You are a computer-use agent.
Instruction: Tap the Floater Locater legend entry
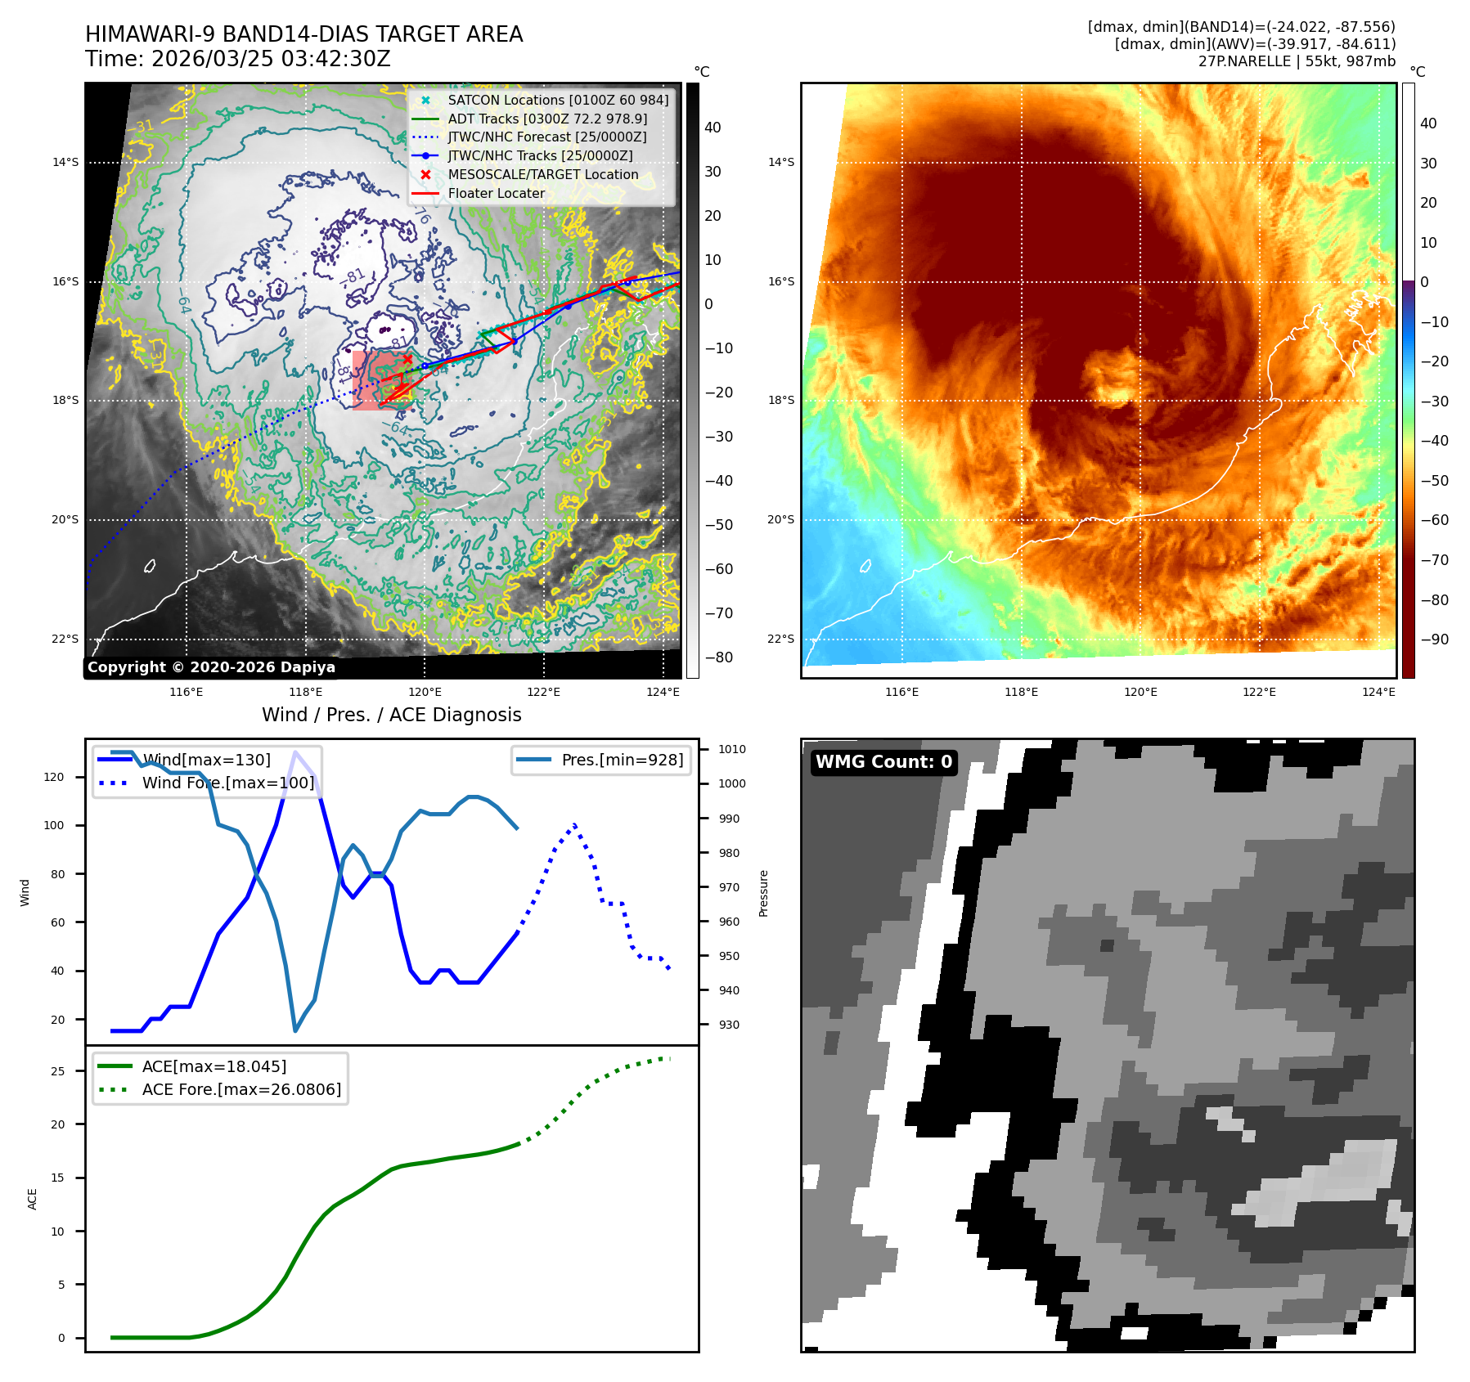point(496,193)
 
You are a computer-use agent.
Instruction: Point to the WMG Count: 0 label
point(883,761)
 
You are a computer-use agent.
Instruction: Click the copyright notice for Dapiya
point(211,667)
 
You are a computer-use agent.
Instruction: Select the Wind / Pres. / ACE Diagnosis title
point(391,715)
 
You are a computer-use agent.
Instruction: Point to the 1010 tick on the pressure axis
point(732,749)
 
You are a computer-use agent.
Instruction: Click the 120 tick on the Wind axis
point(54,777)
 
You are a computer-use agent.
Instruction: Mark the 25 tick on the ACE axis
point(57,1070)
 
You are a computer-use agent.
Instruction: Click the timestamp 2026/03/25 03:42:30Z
point(271,59)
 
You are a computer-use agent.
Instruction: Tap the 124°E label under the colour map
point(1378,692)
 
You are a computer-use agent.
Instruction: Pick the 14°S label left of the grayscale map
point(65,162)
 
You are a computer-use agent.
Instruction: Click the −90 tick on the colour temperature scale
point(1434,639)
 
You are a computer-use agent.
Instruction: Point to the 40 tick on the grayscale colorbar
point(713,128)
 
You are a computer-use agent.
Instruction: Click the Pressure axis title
point(763,893)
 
